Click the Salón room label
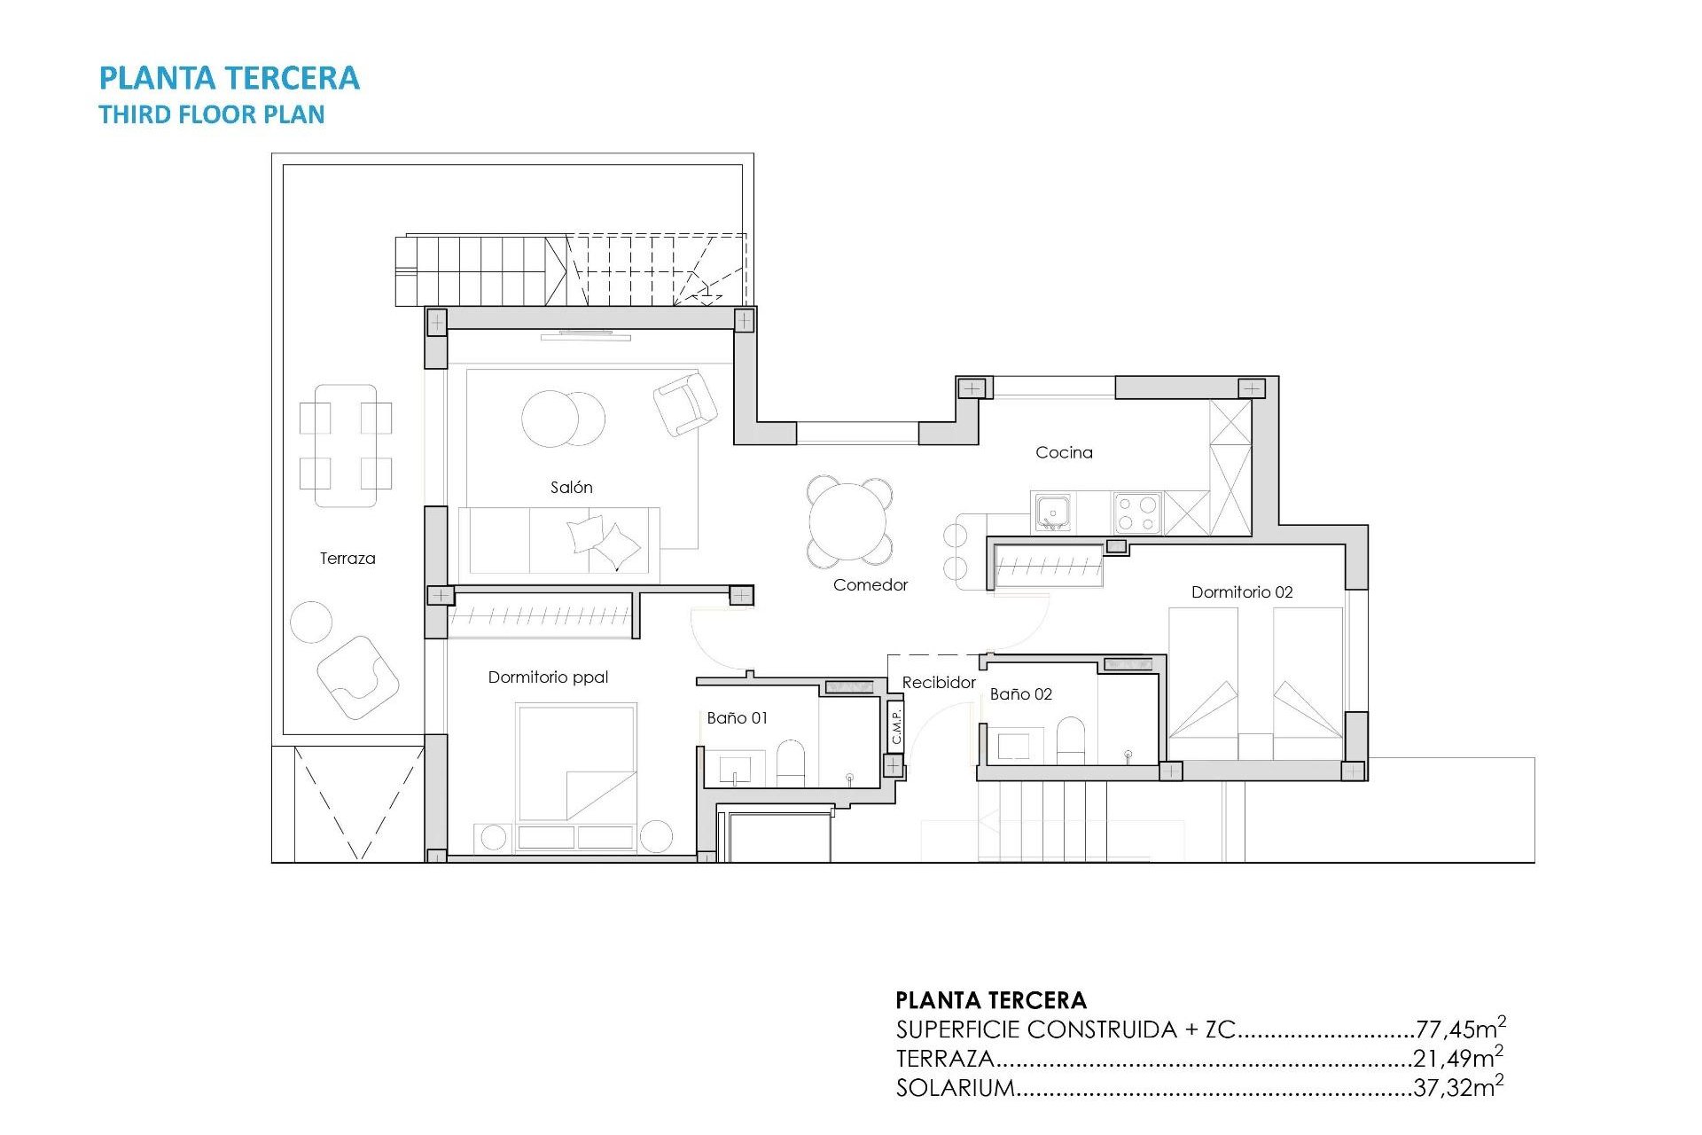(571, 487)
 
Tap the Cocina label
(1064, 452)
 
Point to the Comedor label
(870, 584)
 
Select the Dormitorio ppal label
(548, 677)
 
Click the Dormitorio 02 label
(1241, 592)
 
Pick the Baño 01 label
(737, 717)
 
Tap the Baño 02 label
(1020, 694)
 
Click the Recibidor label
(938, 682)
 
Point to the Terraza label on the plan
(347, 559)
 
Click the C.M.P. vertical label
(896, 725)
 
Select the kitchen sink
(1053, 513)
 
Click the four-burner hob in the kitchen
(1137, 513)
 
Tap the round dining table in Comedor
(848, 521)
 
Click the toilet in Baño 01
(790, 763)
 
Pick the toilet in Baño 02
(1071, 740)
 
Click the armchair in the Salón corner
(685, 403)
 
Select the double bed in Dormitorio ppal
(576, 763)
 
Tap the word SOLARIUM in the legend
(955, 1088)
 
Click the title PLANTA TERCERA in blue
(229, 78)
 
